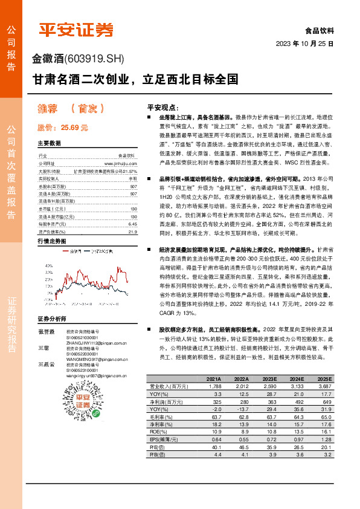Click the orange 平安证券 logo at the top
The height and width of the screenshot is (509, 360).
(x=76, y=29)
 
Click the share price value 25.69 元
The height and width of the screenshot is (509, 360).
(x=74, y=128)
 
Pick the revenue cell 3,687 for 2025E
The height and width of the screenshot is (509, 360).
(x=324, y=386)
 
